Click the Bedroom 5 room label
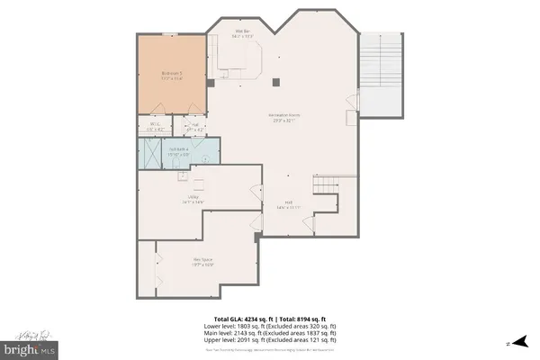(172, 75)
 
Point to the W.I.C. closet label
(156, 127)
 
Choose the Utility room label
(193, 200)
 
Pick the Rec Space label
(202, 262)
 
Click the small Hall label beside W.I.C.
(194, 127)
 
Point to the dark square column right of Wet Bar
(277, 83)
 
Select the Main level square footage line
(270, 335)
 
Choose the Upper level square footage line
(270, 341)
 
